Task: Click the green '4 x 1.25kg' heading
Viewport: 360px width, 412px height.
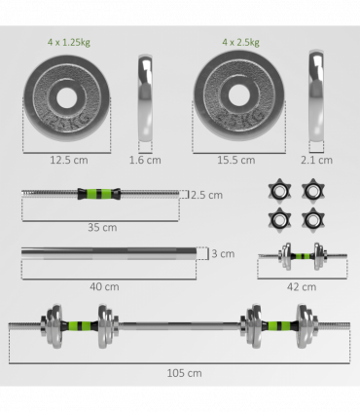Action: (x=69, y=42)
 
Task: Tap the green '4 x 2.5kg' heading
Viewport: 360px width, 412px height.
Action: (x=240, y=42)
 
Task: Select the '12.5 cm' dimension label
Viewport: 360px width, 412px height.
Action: (x=69, y=160)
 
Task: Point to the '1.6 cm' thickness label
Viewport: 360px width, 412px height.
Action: (x=145, y=160)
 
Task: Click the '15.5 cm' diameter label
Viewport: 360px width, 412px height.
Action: (x=236, y=160)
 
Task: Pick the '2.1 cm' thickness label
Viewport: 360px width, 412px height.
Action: (x=316, y=160)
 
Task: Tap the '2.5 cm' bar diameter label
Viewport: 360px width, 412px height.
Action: (x=206, y=195)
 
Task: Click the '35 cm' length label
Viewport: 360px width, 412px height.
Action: (x=102, y=227)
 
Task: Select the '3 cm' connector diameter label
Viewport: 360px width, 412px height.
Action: (x=223, y=253)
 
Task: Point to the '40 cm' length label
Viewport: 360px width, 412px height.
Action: (x=104, y=286)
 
